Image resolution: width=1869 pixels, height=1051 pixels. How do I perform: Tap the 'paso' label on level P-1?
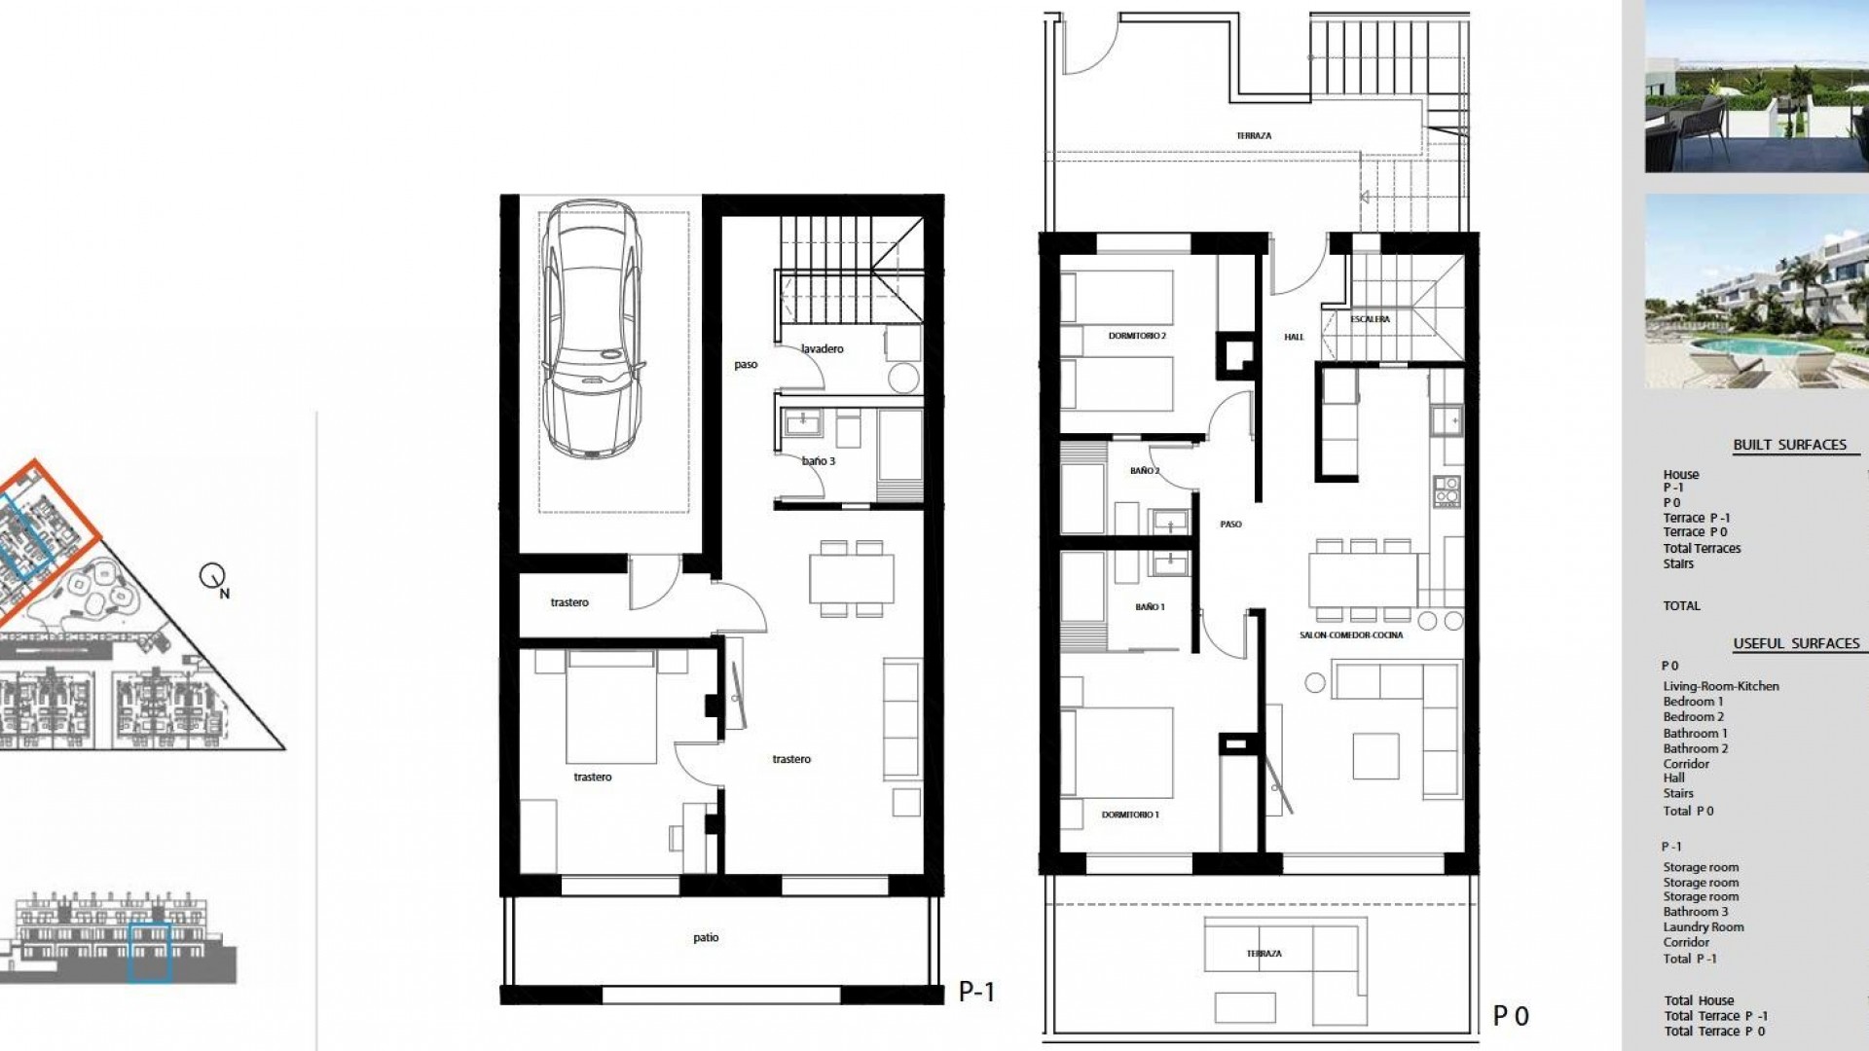click(x=746, y=365)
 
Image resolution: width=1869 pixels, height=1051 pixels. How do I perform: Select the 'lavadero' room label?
click(x=823, y=348)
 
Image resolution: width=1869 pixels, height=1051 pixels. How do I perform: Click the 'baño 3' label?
click(x=819, y=461)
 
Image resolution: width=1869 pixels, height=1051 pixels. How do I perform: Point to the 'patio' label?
click(x=706, y=938)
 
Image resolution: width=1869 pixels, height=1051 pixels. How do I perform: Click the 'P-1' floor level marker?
click(x=976, y=992)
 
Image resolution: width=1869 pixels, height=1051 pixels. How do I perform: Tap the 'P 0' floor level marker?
click(x=1511, y=1016)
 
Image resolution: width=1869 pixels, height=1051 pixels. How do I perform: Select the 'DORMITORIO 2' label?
click(x=1137, y=336)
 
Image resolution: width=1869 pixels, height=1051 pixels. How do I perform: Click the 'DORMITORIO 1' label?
click(x=1130, y=815)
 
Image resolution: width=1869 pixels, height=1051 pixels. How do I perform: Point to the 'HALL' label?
click(x=1294, y=338)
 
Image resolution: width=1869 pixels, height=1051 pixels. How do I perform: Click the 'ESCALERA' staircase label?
click(x=1370, y=319)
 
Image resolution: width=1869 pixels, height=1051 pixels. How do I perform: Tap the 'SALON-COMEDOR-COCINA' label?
click(x=1351, y=635)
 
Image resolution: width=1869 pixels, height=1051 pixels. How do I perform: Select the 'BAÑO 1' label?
click(x=1150, y=607)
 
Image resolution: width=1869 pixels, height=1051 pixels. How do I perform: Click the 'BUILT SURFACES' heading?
click(x=1789, y=445)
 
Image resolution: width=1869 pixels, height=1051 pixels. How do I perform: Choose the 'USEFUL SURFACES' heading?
click(x=1796, y=643)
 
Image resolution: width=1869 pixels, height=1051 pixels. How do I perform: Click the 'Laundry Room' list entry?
click(x=1703, y=927)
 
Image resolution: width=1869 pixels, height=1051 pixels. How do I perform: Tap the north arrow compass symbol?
click(x=213, y=577)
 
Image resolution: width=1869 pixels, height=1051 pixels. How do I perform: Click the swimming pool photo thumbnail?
click(x=1756, y=291)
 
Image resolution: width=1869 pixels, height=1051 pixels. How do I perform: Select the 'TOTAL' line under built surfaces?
click(x=1681, y=605)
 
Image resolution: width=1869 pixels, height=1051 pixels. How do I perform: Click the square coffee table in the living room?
click(x=1375, y=756)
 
